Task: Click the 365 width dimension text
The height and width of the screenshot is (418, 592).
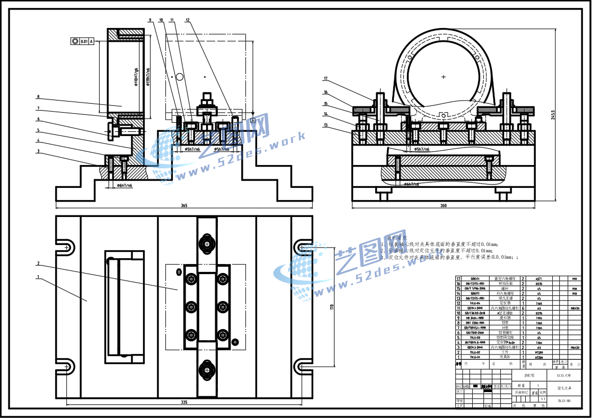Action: pos(184,205)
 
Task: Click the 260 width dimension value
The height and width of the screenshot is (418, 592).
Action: pos(443,205)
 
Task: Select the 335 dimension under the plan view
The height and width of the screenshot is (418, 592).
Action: pos(184,403)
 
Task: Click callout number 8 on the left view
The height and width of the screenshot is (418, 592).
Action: pos(38,97)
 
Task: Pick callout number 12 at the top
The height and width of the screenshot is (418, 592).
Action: pos(188,20)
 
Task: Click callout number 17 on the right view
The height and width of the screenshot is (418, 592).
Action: pos(326,79)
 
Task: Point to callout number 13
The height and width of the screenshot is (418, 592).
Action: pos(326,125)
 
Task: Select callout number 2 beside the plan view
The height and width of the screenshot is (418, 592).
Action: pos(38,263)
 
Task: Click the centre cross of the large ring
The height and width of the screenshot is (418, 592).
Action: pos(444,77)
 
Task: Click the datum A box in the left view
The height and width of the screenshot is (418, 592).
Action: pos(253,121)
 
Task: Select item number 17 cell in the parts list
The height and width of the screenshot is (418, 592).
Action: pos(458,278)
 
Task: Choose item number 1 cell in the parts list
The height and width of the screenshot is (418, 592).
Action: pos(458,357)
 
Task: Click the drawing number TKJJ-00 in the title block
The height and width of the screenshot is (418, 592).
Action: pos(563,401)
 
